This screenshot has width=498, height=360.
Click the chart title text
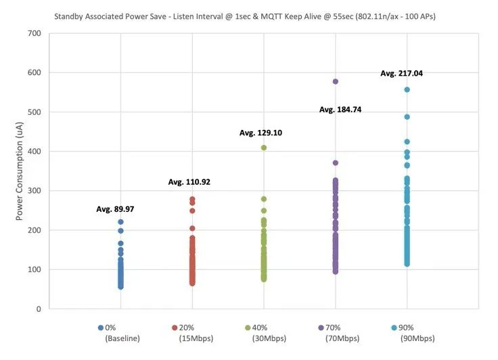tap(248, 16)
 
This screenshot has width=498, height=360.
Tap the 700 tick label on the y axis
tap(33, 33)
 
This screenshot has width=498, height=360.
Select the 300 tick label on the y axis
tap(33, 191)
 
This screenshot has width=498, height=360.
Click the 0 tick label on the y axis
tap(38, 309)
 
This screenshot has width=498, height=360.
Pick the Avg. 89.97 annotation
tap(115, 209)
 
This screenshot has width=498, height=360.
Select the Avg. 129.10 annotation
tap(261, 133)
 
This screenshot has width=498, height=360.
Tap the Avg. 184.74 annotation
tap(340, 109)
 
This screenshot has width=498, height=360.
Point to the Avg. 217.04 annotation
tap(401, 73)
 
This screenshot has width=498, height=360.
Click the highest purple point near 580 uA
tap(335, 81)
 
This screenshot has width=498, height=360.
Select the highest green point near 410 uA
tap(264, 148)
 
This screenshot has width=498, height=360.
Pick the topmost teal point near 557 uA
tap(407, 89)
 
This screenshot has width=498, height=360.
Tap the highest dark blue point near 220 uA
tap(120, 222)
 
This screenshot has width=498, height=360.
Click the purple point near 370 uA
tap(335, 163)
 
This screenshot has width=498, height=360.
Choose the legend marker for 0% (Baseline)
tap(101, 328)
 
